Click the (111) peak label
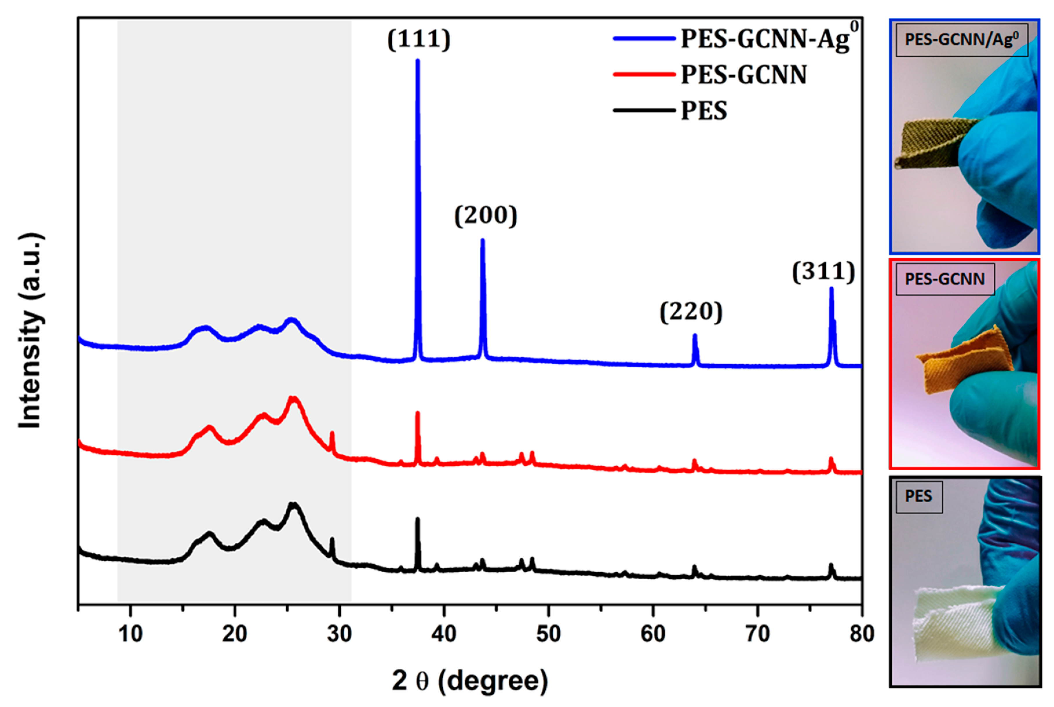pyautogui.click(x=419, y=40)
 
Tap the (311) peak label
pyautogui.click(x=824, y=272)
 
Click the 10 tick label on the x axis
pyautogui.click(x=130, y=633)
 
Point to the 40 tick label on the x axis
pyautogui.click(x=444, y=633)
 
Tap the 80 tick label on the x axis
pyautogui.click(x=861, y=633)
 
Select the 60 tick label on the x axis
pyautogui.click(x=653, y=633)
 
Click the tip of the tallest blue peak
pyautogui.click(x=418, y=61)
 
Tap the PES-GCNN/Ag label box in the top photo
pyautogui.click(x=962, y=40)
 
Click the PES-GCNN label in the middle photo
pyautogui.click(x=945, y=279)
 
